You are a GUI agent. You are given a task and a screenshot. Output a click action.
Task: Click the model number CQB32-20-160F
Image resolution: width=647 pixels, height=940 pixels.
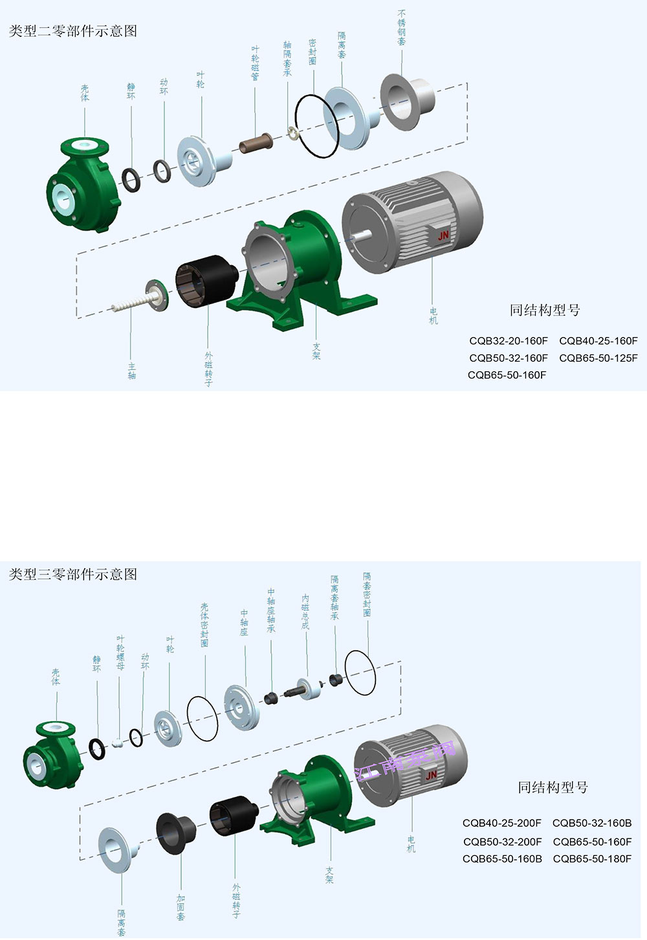coord(509,341)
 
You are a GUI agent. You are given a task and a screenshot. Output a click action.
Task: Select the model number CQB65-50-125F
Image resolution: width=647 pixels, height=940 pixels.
coord(598,358)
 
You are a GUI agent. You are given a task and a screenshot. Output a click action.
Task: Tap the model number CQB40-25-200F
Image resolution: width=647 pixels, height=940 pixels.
coord(502,823)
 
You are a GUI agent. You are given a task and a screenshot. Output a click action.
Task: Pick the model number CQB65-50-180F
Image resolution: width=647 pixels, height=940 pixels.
coord(592,858)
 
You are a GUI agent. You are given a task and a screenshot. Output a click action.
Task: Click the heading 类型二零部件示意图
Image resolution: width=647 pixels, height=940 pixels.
coord(73,31)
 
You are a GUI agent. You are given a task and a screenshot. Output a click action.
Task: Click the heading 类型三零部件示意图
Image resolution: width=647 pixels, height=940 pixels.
coord(73,574)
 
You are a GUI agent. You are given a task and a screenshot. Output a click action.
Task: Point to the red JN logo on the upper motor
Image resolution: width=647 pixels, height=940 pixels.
coord(443,236)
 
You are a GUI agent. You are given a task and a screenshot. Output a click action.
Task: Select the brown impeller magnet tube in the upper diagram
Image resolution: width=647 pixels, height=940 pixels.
coord(256,143)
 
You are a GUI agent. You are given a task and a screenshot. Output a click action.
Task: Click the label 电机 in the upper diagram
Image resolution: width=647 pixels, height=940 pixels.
coord(433,316)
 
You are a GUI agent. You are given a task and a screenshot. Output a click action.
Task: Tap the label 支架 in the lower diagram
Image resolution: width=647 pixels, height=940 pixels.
coord(329,875)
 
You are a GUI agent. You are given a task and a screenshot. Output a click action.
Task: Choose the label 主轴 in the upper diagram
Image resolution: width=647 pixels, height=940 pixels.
coord(132,371)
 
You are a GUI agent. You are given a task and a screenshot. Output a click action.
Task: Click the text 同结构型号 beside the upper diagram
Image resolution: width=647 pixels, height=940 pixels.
coord(545,311)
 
